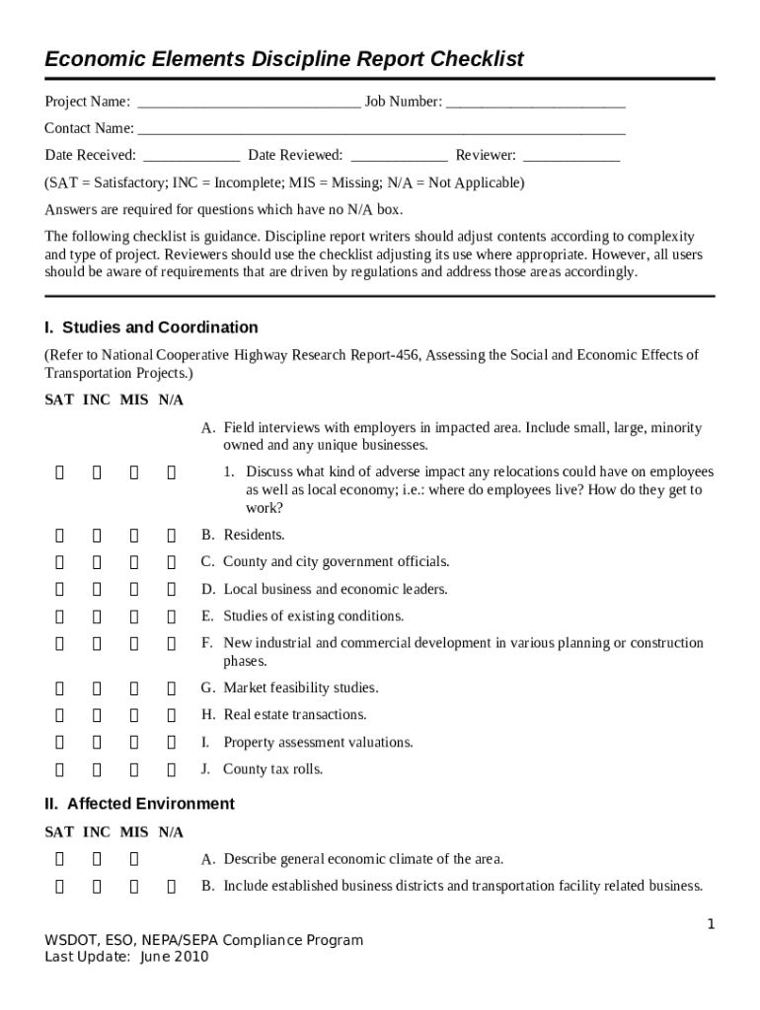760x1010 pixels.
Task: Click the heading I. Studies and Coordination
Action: (151, 327)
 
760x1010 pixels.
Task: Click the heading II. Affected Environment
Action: (139, 804)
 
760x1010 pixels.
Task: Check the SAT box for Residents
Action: (59, 536)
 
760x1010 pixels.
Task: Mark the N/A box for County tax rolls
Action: (171, 769)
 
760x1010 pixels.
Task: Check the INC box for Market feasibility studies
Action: (97, 688)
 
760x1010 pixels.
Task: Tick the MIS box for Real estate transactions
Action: (133, 715)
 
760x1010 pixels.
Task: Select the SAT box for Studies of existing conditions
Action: (59, 616)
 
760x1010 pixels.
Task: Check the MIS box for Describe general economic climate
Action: (133, 860)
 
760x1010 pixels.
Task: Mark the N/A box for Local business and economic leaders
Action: (171, 590)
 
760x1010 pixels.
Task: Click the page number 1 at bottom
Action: (710, 923)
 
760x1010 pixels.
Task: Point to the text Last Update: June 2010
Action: (126, 957)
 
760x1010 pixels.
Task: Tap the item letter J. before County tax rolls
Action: (206, 769)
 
